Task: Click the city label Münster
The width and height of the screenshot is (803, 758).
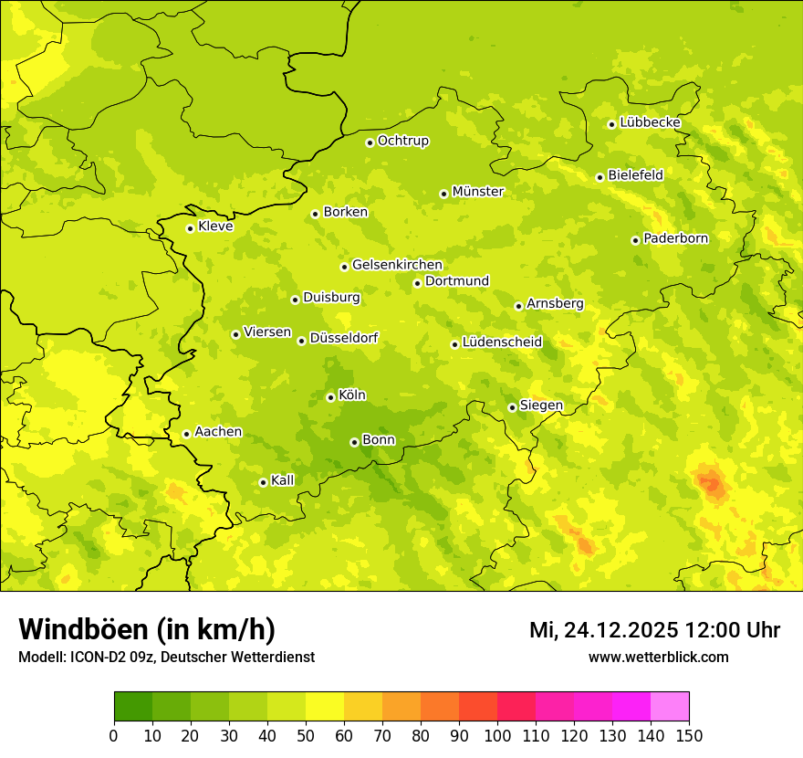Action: [477, 192]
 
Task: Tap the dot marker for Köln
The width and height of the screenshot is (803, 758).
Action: [330, 397]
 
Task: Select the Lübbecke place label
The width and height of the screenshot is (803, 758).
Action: [650, 122]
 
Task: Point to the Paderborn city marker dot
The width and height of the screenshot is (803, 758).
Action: [635, 240]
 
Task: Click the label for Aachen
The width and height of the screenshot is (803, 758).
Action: [218, 432]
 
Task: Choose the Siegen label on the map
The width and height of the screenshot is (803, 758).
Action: [541, 405]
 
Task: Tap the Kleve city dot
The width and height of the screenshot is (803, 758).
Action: [190, 228]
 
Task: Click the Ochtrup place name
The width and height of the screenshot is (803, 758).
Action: [402, 141]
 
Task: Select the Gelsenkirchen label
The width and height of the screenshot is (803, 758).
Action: [397, 265]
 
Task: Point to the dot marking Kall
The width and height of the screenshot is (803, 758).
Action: [263, 482]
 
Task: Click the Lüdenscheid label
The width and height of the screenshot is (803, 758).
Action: [502, 342]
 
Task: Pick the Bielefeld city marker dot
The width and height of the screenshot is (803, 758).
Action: [600, 177]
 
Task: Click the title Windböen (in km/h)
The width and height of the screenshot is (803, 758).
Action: [147, 629]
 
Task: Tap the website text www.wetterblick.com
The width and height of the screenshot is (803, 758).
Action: [658, 657]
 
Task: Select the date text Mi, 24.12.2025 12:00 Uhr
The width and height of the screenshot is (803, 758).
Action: [654, 630]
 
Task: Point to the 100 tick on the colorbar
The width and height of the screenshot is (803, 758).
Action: [497, 735]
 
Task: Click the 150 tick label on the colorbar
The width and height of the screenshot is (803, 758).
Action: [689, 735]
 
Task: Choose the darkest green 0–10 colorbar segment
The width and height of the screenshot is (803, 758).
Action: [133, 707]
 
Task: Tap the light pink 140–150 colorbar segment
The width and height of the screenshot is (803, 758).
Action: [670, 707]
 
